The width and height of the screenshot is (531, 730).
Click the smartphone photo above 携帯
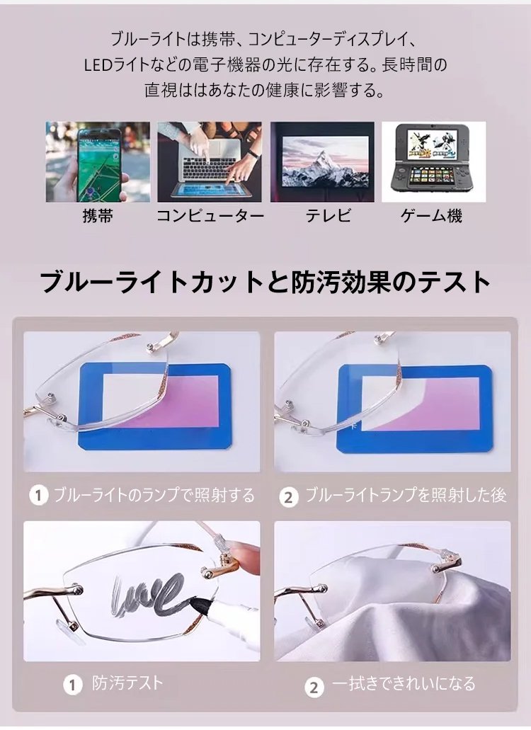[x=98, y=161]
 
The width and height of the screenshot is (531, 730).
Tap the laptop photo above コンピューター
[x=210, y=161]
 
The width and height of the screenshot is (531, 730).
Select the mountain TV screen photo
[x=322, y=161]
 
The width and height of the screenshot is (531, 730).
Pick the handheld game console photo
[x=434, y=161]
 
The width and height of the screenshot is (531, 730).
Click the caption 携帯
[x=98, y=216]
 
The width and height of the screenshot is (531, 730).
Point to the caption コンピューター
[x=210, y=216]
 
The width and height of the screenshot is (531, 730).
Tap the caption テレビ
[x=328, y=216]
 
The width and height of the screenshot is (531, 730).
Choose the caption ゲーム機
[x=431, y=216]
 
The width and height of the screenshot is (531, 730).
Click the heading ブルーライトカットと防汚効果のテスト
[x=265, y=282]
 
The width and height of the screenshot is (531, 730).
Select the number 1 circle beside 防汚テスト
[x=73, y=685]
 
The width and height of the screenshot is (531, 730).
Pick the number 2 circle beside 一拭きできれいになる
[x=314, y=688]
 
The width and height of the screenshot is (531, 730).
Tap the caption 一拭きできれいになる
[x=404, y=683]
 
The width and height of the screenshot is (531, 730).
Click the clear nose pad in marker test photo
[x=70, y=629]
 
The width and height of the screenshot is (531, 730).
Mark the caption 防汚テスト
[x=127, y=683]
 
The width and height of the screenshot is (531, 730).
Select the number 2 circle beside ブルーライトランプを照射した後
[x=289, y=498]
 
